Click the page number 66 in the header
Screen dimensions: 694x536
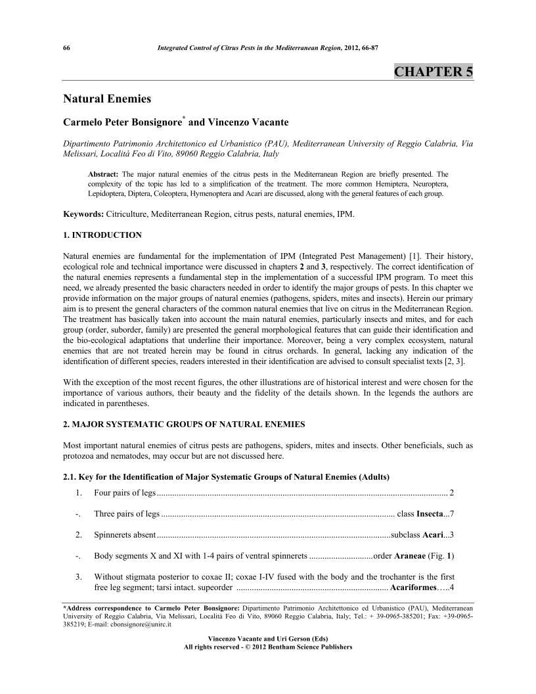coord(66,49)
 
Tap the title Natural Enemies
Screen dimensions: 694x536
coord(107,99)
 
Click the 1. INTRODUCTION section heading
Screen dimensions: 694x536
coord(102,235)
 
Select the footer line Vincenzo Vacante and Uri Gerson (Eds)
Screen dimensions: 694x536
coord(268,639)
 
